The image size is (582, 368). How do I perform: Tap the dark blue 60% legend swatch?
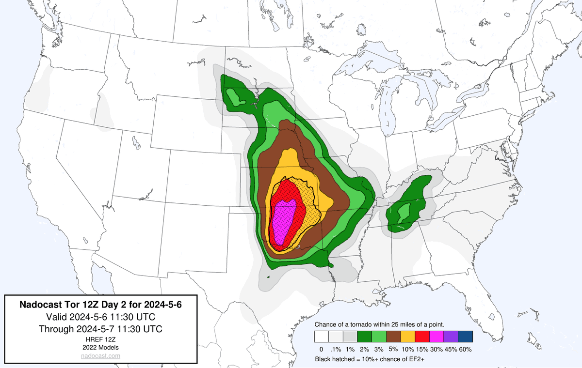point(466,337)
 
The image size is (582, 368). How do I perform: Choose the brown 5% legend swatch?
point(393,337)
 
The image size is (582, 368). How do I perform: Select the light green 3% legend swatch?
point(379,337)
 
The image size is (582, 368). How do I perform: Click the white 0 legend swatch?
point(321,337)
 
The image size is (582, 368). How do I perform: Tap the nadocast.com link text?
point(100,356)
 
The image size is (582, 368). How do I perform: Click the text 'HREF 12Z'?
point(100,339)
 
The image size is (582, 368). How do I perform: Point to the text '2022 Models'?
point(100,347)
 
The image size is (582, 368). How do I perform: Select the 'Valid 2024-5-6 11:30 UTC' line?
point(100,317)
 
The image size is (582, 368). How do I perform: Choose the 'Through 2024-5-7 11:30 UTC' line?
point(100,329)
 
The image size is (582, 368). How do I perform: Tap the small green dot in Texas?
point(268,277)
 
